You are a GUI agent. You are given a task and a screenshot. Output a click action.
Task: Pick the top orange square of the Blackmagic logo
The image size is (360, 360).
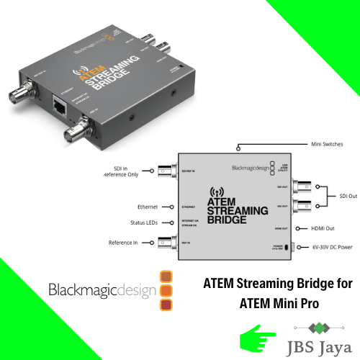[166, 276]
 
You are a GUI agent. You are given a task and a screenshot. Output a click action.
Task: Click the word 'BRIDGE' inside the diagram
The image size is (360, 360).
[227, 217]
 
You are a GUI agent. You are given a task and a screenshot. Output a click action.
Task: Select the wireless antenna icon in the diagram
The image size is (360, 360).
[214, 192]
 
